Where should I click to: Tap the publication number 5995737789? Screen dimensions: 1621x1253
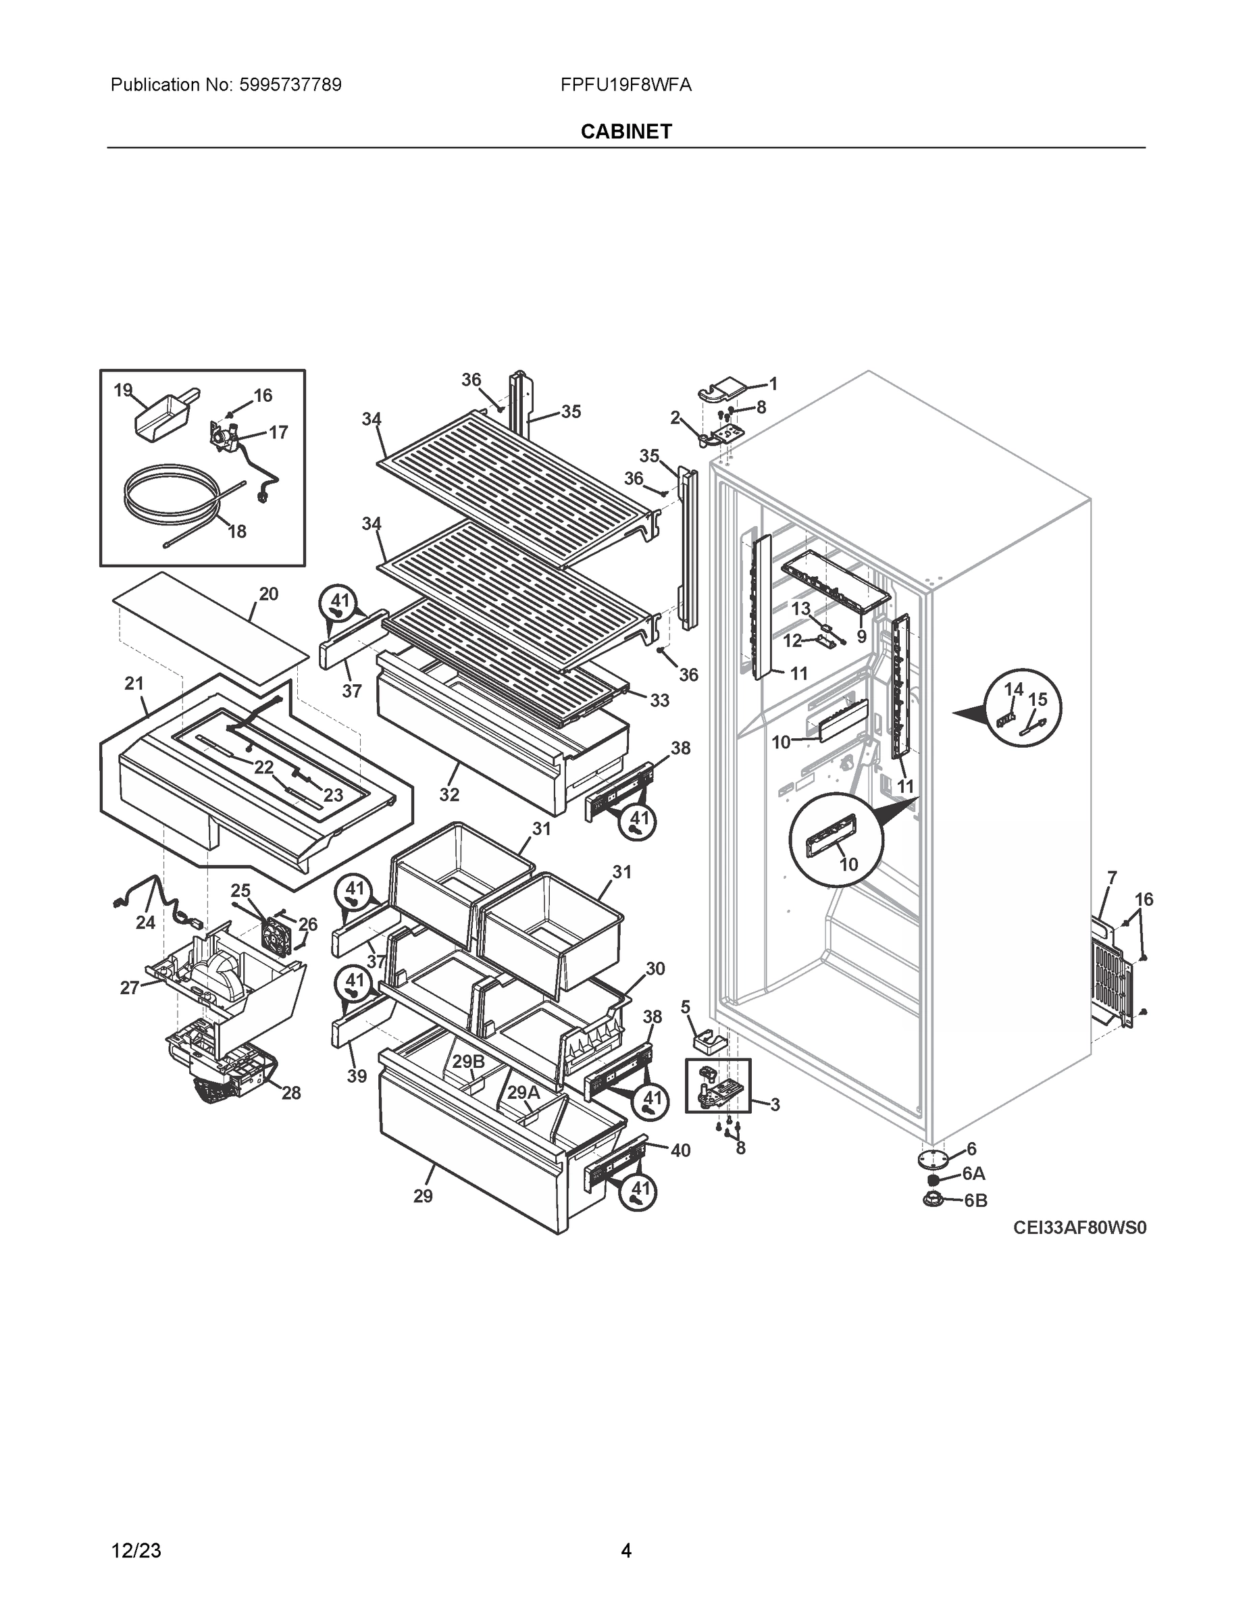click(290, 85)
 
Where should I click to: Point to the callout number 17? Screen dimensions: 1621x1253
click(278, 432)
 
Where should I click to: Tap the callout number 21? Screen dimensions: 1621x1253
click(134, 684)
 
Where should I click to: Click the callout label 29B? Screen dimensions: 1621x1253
click(468, 1061)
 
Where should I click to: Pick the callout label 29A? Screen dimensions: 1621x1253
click(523, 1093)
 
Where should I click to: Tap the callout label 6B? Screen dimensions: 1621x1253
click(975, 1200)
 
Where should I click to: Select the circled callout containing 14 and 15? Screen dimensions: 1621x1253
click(1023, 708)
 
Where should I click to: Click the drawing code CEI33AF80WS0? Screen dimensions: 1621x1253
click(1079, 1229)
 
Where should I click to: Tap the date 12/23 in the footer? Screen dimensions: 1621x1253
click(136, 1551)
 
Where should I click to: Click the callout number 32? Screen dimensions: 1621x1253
click(449, 794)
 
